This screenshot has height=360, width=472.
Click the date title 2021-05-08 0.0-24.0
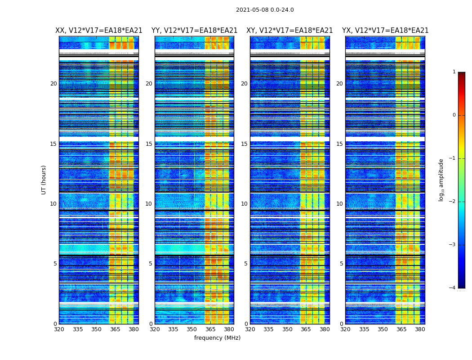pos(265,10)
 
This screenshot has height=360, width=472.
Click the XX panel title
pos(99,31)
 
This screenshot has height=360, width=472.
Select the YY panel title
pos(194,31)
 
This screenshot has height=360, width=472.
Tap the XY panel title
pos(289,31)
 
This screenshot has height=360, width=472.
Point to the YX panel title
pos(385,31)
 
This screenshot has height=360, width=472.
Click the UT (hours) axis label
pos(44,180)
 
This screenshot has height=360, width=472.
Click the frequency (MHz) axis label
pos(217,338)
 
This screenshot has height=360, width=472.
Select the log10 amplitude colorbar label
pos(441,180)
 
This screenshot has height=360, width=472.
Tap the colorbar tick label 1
pos(454,72)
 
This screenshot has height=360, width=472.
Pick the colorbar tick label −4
pos(453,288)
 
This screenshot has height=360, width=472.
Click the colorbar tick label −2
pos(453,202)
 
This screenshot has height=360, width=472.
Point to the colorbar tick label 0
pos(454,115)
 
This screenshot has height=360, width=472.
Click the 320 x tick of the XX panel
pos(59,329)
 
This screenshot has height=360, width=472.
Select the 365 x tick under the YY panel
pos(210,329)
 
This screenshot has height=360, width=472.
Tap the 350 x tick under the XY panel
pos(287,329)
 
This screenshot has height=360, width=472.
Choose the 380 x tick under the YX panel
pos(420,329)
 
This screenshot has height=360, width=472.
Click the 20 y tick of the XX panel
pos(53,84)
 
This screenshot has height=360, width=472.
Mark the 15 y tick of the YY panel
pos(149,144)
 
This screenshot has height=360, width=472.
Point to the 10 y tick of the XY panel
pos(244,204)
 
